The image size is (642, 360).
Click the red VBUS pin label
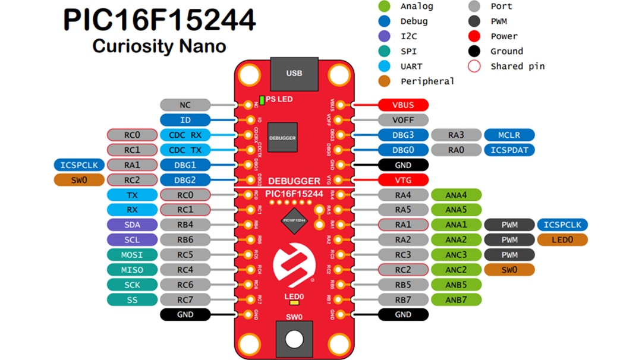coord(402,105)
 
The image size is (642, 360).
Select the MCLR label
coord(509,135)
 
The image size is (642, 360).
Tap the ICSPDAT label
coord(509,150)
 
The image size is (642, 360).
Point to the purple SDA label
coord(132,225)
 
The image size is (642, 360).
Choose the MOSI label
coord(132,255)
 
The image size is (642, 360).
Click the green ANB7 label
coord(456,300)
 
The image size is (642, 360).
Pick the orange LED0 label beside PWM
coord(562,240)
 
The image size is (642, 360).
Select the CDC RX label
coord(185,135)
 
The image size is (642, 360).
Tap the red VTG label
coord(402,180)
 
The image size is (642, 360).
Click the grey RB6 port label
coord(185,240)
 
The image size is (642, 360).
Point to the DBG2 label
coord(185,180)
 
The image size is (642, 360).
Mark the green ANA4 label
coord(456,195)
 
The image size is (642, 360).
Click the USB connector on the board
coord(294,74)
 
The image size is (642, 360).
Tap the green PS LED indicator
coord(262,99)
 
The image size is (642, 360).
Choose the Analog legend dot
coord(385,7)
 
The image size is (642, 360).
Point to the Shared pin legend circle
coord(474,67)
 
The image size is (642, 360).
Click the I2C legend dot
coord(385,36)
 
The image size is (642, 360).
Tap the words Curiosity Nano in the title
coord(159,46)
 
